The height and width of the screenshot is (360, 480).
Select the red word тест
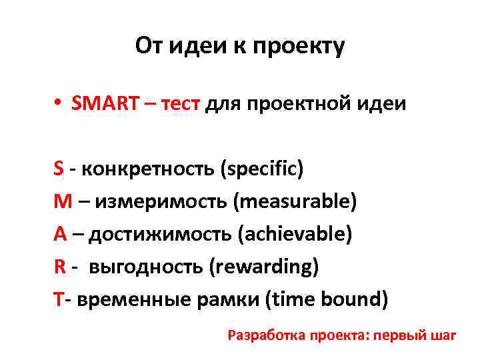179,104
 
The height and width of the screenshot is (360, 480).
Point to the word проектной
292,105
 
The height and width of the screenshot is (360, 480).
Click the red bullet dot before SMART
59,105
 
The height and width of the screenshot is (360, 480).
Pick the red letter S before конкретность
59,168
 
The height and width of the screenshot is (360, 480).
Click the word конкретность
149,169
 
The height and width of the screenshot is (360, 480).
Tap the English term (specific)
261,169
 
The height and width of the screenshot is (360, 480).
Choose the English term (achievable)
289,234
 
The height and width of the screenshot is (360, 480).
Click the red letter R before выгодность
59,267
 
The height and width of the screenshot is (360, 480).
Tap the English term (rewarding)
263,267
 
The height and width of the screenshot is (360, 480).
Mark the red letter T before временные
58,299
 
